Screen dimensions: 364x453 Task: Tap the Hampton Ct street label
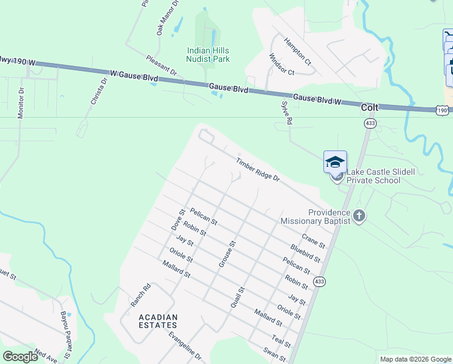click(297, 53)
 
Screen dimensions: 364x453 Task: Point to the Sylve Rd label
click(286, 113)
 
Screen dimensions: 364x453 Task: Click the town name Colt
click(369, 107)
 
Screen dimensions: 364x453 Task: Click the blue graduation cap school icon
click(335, 162)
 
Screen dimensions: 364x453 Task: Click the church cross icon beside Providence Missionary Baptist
click(359, 217)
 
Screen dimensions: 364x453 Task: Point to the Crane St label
click(313, 241)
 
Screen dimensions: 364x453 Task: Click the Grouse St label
click(226, 254)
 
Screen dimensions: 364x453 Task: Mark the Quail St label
click(237, 298)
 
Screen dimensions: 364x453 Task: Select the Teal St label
click(282, 342)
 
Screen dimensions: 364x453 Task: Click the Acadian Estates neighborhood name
click(158, 322)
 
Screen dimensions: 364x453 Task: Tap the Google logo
click(20, 356)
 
